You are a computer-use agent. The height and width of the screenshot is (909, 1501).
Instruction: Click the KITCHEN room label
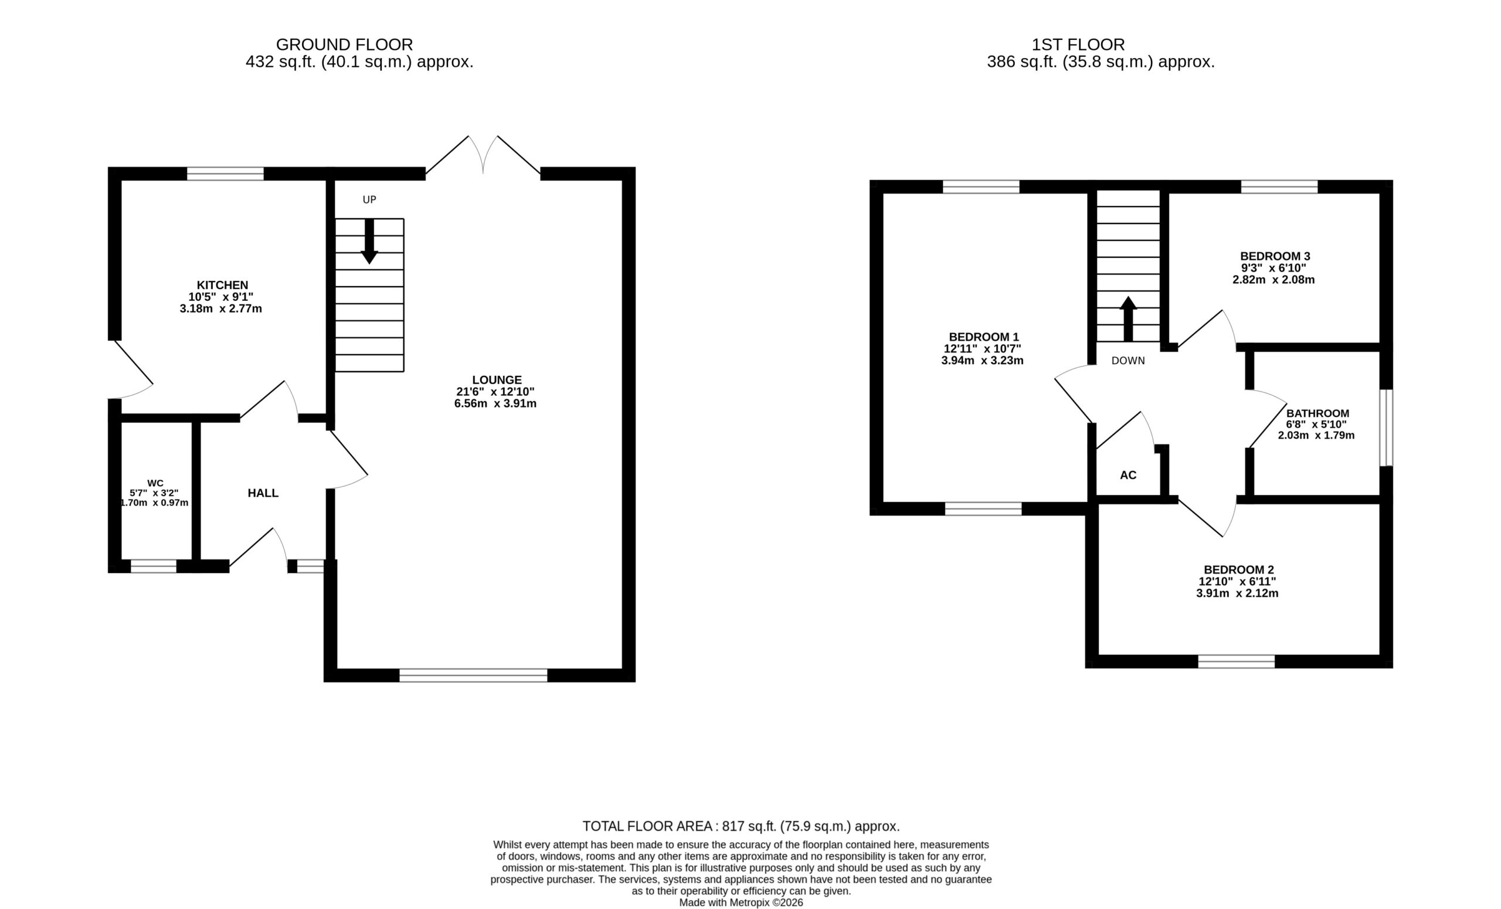pos(222,285)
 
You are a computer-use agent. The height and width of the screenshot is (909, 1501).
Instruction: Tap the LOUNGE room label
pos(497,380)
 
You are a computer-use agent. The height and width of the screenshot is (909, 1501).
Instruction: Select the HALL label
pos(263,493)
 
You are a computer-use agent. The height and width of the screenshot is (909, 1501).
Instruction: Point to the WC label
pos(155,483)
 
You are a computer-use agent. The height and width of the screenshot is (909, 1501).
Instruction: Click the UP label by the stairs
pos(370,200)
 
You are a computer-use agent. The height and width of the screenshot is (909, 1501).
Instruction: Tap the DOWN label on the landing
pos(1128,361)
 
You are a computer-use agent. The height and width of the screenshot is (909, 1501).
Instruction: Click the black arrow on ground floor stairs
pos(369,241)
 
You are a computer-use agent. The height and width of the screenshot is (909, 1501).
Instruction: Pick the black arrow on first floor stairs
pos(1128,318)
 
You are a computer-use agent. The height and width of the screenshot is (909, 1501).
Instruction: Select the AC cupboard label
pos(1128,475)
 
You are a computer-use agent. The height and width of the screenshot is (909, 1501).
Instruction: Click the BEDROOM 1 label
pos(984,337)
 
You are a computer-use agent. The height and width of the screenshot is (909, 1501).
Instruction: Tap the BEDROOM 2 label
pos(1238,569)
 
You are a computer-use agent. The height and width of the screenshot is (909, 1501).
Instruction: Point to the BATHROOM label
pos(1317,413)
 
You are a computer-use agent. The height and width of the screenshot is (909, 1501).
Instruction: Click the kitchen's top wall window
pos(225,174)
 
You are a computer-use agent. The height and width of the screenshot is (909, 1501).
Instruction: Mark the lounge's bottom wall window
pos(473,675)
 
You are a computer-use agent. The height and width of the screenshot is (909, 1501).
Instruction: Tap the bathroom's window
pos(1386,428)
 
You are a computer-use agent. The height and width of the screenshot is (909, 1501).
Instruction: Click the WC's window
pos(154,566)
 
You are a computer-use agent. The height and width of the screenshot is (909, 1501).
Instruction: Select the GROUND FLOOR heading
pos(345,45)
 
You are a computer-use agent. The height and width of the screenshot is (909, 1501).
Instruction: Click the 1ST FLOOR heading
pos(1078,45)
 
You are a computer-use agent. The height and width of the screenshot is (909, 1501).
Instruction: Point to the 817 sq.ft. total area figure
pos(749,827)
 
